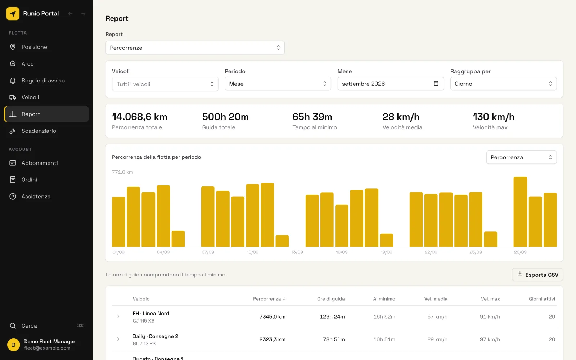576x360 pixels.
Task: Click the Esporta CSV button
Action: (x=537, y=275)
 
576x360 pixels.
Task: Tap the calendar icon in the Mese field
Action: (x=436, y=83)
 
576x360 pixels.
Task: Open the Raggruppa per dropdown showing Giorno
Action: (x=503, y=84)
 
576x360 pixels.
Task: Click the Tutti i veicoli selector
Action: (x=165, y=84)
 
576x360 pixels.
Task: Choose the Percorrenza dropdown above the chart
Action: (x=521, y=157)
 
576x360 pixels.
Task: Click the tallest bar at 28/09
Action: (x=520, y=212)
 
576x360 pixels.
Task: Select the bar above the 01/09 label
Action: (x=118, y=222)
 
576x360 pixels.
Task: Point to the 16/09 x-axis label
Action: (x=342, y=252)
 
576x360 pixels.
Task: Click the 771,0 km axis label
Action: (x=122, y=172)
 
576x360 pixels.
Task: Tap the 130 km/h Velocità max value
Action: (x=494, y=117)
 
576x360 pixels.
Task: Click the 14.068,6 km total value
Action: (x=139, y=117)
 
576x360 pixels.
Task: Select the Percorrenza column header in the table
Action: (x=269, y=298)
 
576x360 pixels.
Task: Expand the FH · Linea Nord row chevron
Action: (x=118, y=316)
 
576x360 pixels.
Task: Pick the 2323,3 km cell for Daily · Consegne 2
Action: (x=272, y=339)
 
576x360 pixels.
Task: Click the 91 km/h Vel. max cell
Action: (x=490, y=316)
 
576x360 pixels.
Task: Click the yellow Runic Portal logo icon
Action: (x=13, y=13)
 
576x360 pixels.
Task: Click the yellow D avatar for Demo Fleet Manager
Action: (x=13, y=345)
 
